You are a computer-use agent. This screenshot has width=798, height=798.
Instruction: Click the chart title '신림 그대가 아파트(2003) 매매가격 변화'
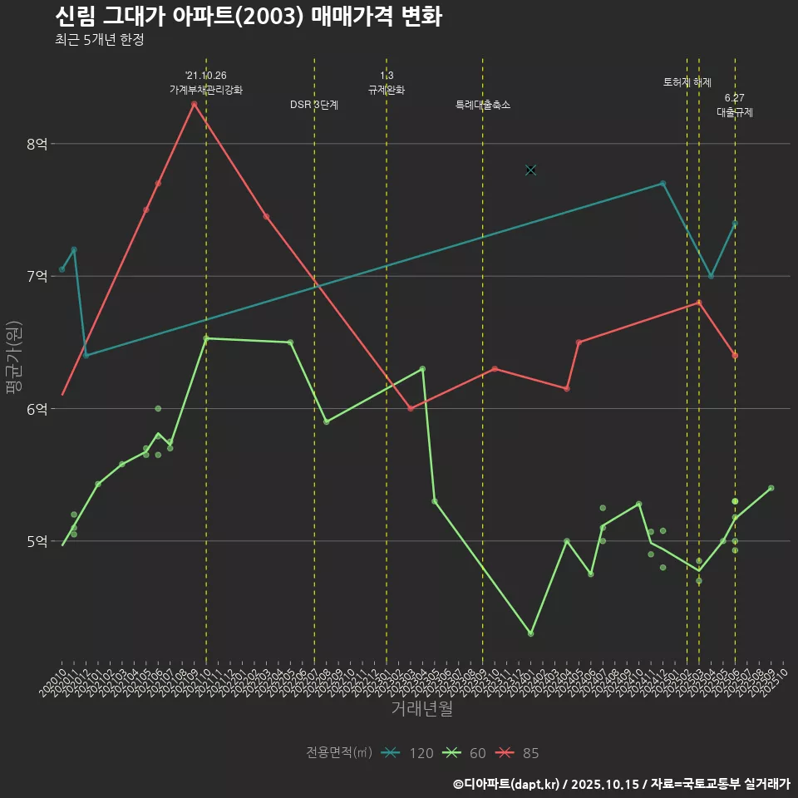coord(248,17)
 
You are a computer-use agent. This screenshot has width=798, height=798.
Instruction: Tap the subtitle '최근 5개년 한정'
coord(99,40)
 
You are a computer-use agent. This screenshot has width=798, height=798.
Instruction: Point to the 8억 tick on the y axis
coord(37,144)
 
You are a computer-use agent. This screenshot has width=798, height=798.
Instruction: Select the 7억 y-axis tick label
coord(37,276)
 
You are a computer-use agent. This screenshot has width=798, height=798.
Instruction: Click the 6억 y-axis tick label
coord(37,409)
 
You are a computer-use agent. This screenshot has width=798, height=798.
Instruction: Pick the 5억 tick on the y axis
coord(37,541)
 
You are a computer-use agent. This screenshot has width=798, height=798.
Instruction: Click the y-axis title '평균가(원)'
coord(14,357)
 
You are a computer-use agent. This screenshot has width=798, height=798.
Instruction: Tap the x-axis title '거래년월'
coord(421,709)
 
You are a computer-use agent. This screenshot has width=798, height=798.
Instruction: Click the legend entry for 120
coord(407,753)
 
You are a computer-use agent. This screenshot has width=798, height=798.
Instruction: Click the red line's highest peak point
coord(194,104)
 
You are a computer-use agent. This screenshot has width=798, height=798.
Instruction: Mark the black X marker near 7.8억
coord(530,170)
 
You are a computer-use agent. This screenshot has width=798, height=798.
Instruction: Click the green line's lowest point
coord(530,633)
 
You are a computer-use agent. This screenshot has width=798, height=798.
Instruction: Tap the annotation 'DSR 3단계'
coord(313,106)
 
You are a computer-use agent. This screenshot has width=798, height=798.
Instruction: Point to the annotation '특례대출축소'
coord(482,106)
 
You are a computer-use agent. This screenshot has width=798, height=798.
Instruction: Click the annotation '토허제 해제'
coord(687,82)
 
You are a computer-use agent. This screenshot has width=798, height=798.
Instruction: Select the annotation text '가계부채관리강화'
coord(205,90)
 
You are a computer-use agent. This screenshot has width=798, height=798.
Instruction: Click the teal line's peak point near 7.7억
coord(663,184)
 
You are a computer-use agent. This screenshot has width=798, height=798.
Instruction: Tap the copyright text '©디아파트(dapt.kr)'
coord(507,784)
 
